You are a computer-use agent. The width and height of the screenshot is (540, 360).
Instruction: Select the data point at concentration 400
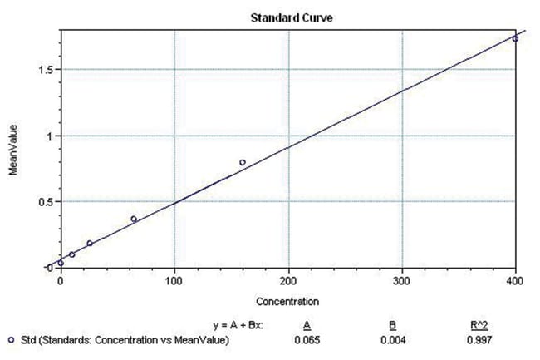pos(515,38)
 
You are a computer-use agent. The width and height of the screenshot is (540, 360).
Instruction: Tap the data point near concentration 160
pos(243,162)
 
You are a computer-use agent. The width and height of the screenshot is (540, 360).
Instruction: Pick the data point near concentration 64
pos(134,219)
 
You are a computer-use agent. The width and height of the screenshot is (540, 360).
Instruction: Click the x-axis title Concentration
pos(287,300)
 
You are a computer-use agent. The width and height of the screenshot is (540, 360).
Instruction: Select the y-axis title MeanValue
pos(13,150)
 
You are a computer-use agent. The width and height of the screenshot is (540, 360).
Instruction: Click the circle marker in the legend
pos(9,338)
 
